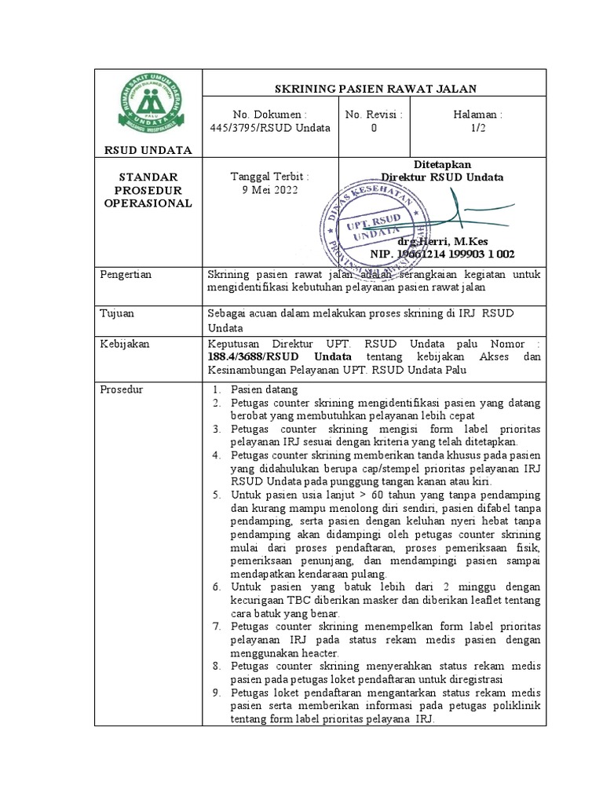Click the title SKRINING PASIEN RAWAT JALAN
[x=375, y=89]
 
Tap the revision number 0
[x=374, y=128]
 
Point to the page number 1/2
[x=478, y=128]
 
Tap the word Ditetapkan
[x=442, y=164]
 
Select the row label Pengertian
[x=127, y=274]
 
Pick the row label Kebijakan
[x=126, y=344]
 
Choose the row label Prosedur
[x=124, y=389]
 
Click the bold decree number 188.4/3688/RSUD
[x=253, y=356]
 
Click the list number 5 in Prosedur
[x=217, y=495]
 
